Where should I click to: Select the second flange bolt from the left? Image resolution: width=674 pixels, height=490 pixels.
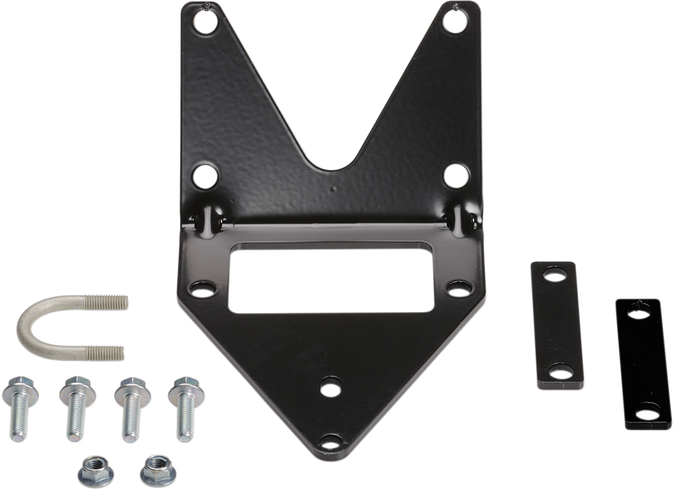pos(77,407)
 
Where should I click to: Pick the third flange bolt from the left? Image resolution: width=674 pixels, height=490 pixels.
pos(132,407)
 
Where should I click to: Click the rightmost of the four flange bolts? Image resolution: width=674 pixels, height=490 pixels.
pos(186,407)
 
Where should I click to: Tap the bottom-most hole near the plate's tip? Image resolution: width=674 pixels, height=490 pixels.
pos(331,441)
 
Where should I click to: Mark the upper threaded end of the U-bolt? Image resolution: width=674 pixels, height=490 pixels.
pos(107,303)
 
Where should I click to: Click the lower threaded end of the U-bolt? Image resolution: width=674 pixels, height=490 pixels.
pos(105,353)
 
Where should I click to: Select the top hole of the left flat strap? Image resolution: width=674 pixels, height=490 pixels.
pos(554,276)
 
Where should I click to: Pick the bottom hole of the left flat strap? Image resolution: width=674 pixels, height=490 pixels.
pos(561,373)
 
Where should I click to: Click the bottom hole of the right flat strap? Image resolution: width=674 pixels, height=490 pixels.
pos(648,411)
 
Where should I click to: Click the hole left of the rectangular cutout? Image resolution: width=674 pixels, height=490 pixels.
pos(202,290)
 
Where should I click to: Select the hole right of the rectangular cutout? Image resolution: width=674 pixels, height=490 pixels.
pos(459,290)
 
